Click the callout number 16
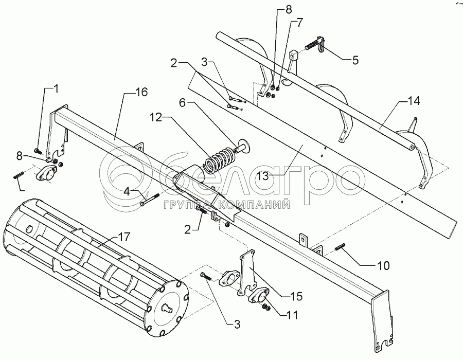[141, 93]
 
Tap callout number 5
[355, 60]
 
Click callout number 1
[56, 88]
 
